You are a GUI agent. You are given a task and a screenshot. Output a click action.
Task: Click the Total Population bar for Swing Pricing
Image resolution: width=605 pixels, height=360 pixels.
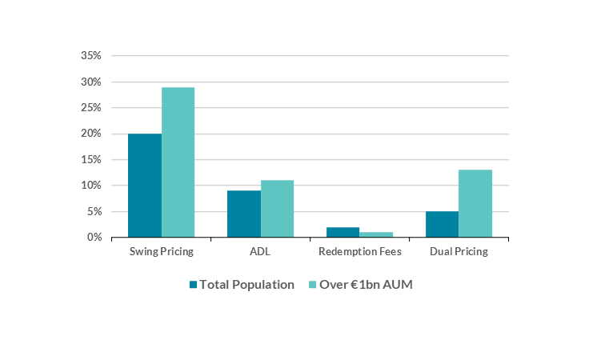[145, 186]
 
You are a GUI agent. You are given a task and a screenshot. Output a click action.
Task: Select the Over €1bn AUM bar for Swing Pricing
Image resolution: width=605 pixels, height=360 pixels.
[178, 162]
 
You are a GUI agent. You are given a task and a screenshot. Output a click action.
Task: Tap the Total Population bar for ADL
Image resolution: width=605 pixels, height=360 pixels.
[244, 214]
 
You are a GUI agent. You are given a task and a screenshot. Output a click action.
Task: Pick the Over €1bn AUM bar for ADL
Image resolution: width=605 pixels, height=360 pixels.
[277, 209]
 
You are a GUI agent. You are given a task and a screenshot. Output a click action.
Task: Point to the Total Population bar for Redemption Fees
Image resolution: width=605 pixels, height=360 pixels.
[343, 232]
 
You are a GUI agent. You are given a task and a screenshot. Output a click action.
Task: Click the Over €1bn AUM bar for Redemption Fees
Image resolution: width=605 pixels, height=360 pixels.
[376, 234]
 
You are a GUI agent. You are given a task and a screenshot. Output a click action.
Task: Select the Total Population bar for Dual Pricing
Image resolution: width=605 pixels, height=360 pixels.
[442, 224]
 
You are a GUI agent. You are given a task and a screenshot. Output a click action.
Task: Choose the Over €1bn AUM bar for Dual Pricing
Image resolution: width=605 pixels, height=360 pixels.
[475, 203]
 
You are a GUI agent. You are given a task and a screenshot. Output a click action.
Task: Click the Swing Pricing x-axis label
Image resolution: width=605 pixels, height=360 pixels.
[162, 251]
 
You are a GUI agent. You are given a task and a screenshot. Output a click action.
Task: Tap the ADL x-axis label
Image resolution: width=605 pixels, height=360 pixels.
[261, 251]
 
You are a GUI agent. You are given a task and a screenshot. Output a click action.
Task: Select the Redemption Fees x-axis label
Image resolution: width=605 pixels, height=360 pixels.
[359, 251]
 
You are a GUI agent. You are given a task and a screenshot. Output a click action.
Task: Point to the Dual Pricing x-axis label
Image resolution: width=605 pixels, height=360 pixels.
[459, 251]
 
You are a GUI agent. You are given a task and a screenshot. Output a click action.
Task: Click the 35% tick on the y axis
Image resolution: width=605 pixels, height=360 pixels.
[91, 56]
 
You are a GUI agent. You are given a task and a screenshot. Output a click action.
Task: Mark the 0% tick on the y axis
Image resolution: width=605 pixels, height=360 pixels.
[94, 238]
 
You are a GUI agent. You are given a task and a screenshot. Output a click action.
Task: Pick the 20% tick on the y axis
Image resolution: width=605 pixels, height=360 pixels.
[91, 134]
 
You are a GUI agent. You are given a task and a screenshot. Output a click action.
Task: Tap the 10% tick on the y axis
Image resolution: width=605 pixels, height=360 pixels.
[91, 186]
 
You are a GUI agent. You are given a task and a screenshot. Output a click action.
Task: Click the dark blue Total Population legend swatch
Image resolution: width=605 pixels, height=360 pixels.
[193, 285]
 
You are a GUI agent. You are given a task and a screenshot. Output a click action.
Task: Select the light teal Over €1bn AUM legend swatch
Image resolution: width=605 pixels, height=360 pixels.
[313, 285]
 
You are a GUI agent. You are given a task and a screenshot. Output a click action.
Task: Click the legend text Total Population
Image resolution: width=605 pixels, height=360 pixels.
[246, 285]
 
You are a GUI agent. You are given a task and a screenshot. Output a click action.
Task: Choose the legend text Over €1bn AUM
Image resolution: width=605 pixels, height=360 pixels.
[366, 285]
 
